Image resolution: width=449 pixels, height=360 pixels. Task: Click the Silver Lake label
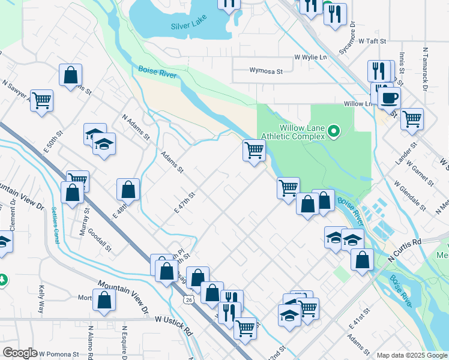[188, 25]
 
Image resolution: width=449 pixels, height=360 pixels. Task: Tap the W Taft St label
[372, 42]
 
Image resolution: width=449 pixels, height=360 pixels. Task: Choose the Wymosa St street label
[266, 71]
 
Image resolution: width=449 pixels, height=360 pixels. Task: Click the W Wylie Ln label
[310, 57]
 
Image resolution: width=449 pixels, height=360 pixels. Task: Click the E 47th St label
[185, 203]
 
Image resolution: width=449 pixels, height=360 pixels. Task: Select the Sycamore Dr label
[348, 40]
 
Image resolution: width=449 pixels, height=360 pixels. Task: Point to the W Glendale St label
[410, 198]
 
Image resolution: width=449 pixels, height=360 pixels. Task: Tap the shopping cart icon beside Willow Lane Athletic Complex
[254, 149]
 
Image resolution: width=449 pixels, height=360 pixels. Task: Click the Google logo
[20, 353]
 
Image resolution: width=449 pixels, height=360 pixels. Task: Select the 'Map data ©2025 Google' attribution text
[412, 355]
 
